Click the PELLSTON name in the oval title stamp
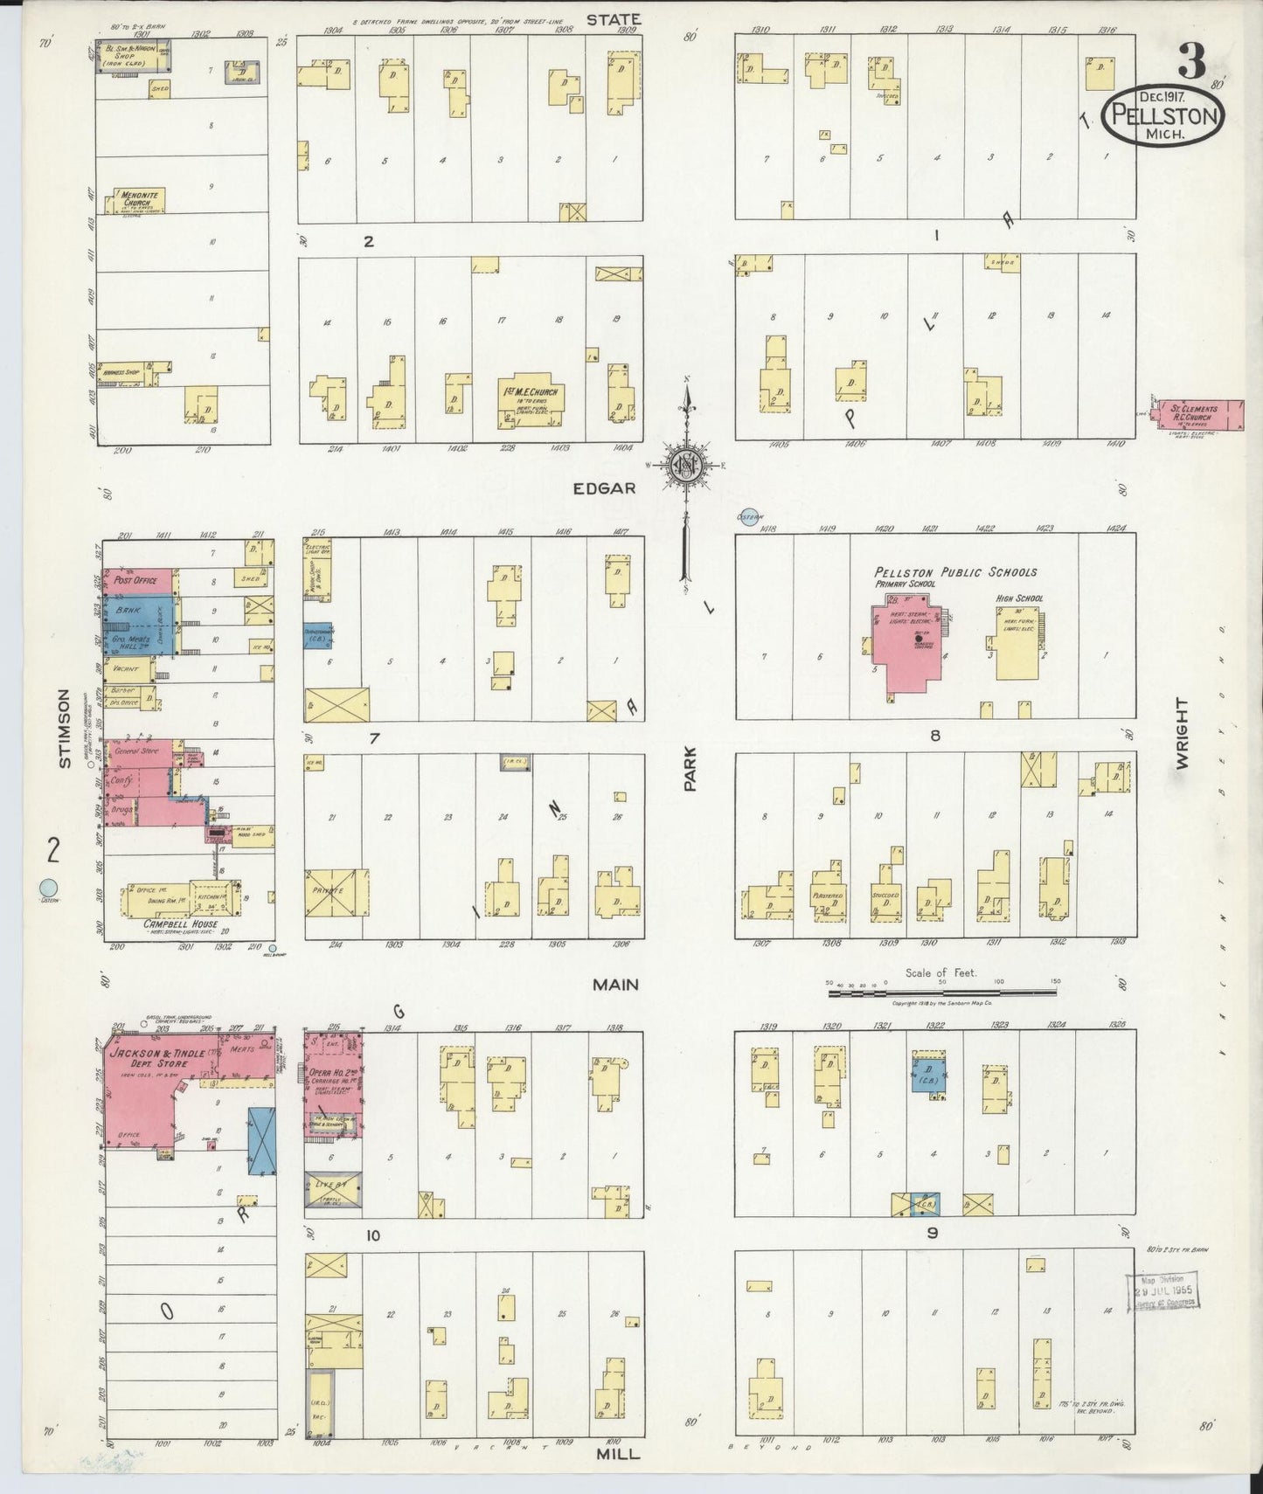[x=1163, y=114]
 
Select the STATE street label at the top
[x=614, y=18]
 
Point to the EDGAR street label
[x=604, y=488]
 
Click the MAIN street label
[x=616, y=985]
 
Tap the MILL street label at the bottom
[x=618, y=1455]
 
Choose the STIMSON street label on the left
[x=63, y=729]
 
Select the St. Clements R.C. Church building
[x=1200, y=414]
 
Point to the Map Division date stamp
[x=1162, y=1290]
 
